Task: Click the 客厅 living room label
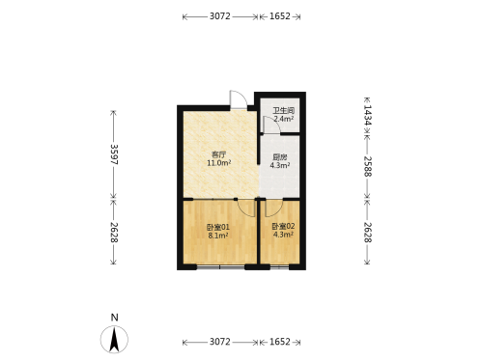point(218,154)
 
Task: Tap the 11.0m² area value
point(219,163)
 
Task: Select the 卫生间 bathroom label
point(284,110)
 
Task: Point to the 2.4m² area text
point(284,119)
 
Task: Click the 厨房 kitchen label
point(280,157)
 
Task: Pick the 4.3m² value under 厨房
point(280,165)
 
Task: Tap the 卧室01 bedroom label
point(218,227)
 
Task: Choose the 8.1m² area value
point(218,236)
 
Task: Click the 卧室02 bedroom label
point(283,226)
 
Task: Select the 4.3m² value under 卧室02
point(283,235)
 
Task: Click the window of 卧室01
point(220,266)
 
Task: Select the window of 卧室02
point(279,266)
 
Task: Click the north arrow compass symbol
point(114,339)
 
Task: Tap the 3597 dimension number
point(114,154)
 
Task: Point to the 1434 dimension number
point(368,115)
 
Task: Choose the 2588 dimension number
point(368,167)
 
